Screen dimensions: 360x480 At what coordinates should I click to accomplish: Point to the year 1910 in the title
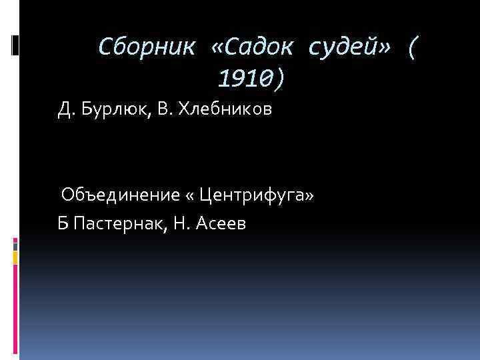(241, 80)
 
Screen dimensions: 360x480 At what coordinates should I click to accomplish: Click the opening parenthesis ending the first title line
(415, 47)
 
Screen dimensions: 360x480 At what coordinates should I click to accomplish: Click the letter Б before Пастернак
(63, 224)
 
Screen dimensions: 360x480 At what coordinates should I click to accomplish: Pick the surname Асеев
(221, 224)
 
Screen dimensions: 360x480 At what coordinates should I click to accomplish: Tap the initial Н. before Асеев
(183, 224)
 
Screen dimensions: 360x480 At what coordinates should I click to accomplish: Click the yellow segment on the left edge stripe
(15, 255)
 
